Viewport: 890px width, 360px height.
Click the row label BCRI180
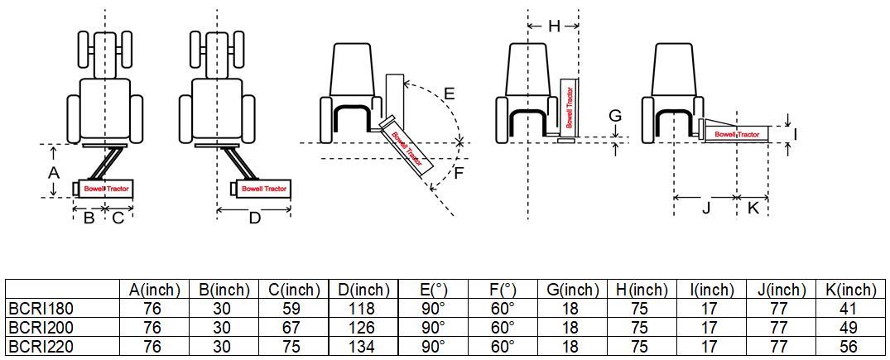[41, 309]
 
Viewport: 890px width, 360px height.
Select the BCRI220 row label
[41, 347]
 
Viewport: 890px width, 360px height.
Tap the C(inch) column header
[293, 290]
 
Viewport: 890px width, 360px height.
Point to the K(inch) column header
[850, 290]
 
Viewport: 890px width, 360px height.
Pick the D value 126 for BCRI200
[363, 328]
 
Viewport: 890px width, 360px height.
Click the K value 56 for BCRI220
[850, 347]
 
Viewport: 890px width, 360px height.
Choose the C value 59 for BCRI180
[293, 309]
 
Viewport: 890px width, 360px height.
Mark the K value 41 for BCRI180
[850, 309]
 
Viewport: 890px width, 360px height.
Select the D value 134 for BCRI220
[363, 347]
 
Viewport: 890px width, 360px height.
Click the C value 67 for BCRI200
[293, 328]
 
